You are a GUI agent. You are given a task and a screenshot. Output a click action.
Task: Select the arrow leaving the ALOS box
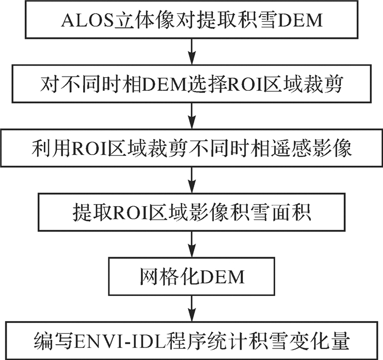191,53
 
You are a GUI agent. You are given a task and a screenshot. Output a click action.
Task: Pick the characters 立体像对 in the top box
147,21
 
